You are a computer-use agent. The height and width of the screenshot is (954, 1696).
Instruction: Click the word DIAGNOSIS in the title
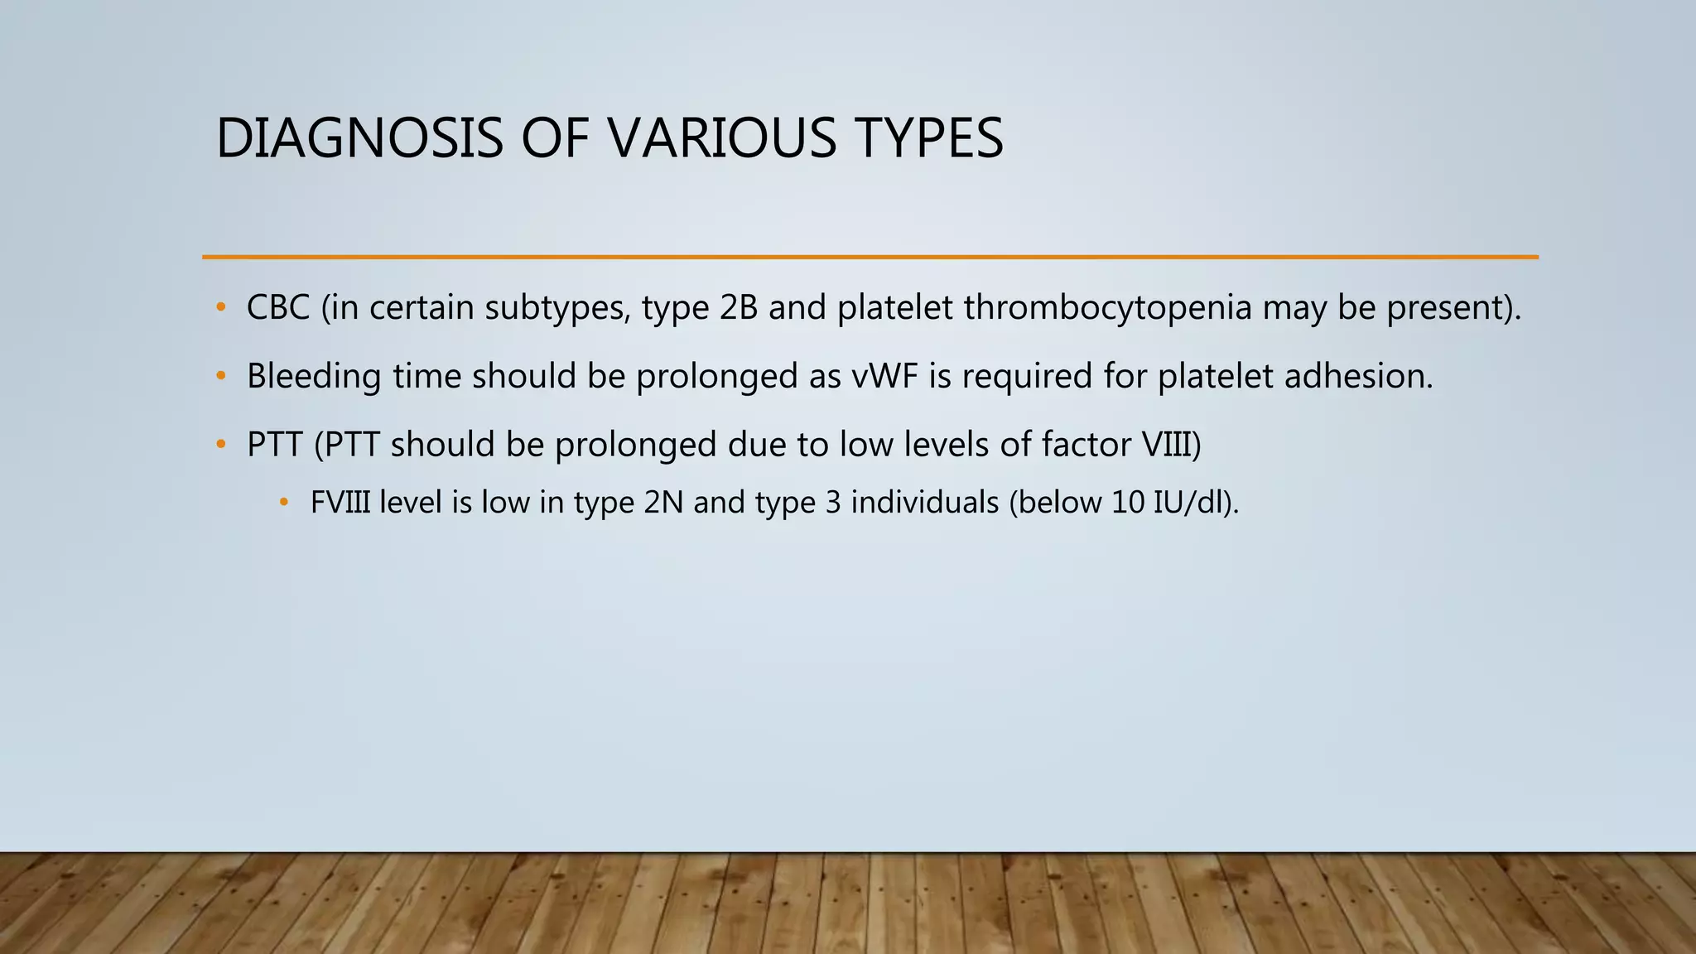coord(359,138)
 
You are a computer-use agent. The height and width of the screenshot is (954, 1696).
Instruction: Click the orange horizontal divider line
coord(870,258)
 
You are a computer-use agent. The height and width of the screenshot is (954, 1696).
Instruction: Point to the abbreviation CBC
coord(277,308)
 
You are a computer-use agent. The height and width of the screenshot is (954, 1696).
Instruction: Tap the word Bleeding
coord(314,377)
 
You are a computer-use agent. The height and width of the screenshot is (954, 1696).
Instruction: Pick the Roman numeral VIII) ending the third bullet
coord(1171,445)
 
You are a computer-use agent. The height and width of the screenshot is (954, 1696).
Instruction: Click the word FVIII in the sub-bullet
coord(340,503)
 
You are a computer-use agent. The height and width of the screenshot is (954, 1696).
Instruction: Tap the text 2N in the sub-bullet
coord(663,503)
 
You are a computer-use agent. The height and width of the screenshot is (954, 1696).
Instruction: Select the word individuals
coord(924,503)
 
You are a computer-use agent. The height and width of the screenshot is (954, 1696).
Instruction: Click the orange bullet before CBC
coord(220,308)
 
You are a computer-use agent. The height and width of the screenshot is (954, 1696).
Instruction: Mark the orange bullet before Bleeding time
coord(220,377)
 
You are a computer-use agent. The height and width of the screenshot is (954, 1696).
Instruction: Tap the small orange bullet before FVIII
coord(284,503)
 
